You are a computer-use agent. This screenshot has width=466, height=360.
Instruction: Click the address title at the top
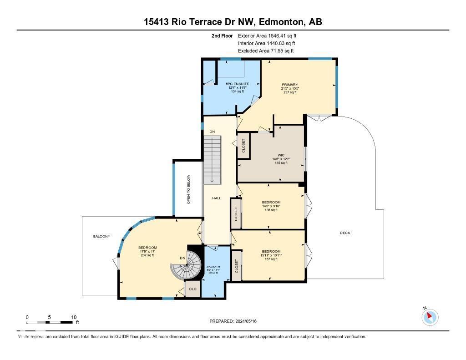click(x=233, y=22)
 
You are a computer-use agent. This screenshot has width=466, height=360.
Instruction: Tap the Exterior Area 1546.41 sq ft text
click(x=267, y=35)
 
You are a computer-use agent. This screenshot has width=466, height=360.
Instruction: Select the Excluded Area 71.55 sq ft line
click(x=266, y=51)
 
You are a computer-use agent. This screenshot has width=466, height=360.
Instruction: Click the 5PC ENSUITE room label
click(x=238, y=84)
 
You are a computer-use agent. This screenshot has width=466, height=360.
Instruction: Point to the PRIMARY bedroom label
click(x=290, y=85)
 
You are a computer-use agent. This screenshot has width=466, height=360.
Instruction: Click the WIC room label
click(x=281, y=155)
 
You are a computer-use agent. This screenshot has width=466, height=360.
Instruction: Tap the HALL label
click(x=217, y=198)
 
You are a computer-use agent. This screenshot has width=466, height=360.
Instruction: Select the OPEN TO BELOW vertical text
click(x=188, y=189)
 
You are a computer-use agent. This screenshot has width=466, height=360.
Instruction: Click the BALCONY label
click(x=101, y=236)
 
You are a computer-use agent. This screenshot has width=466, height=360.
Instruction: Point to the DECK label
click(x=345, y=233)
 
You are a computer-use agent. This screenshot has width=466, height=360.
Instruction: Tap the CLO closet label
click(x=192, y=289)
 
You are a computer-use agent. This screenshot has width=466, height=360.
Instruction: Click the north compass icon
click(x=430, y=316)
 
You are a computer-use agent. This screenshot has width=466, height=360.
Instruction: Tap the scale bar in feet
click(x=50, y=322)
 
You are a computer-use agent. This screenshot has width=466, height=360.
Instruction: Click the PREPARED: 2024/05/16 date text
click(x=236, y=321)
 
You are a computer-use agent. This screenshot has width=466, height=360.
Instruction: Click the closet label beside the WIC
click(x=243, y=146)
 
